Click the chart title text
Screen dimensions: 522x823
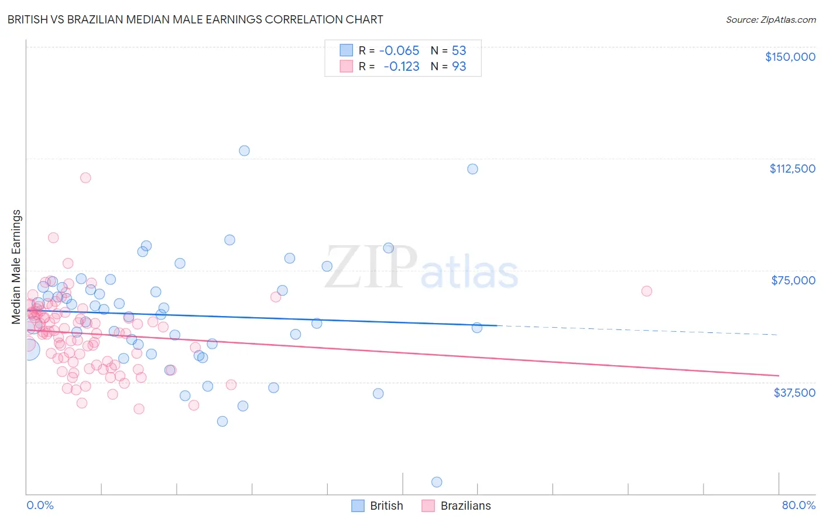[x=195, y=19]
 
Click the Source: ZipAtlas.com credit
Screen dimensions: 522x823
[x=770, y=19]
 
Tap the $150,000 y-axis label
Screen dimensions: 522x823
[x=790, y=57]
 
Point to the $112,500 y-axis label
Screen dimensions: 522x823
[x=792, y=169]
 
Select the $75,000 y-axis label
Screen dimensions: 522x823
[x=793, y=280]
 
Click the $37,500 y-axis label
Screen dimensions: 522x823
[x=794, y=393]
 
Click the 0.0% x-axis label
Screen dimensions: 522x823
[x=40, y=505]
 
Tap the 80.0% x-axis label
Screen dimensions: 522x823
[x=798, y=505]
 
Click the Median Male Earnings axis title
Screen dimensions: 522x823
[x=16, y=266]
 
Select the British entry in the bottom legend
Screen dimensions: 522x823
[x=386, y=506]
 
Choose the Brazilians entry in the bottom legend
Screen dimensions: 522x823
[x=465, y=506]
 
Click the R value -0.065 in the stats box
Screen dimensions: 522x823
[x=399, y=50]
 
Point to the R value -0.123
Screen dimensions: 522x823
[x=402, y=66]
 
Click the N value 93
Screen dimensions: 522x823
[x=459, y=66]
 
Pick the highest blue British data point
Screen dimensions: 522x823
[x=244, y=150]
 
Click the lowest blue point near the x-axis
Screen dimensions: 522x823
[x=437, y=482]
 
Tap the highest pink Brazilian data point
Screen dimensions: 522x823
[x=85, y=178]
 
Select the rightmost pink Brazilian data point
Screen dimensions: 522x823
[x=646, y=291]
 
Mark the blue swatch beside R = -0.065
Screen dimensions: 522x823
[x=347, y=50]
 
